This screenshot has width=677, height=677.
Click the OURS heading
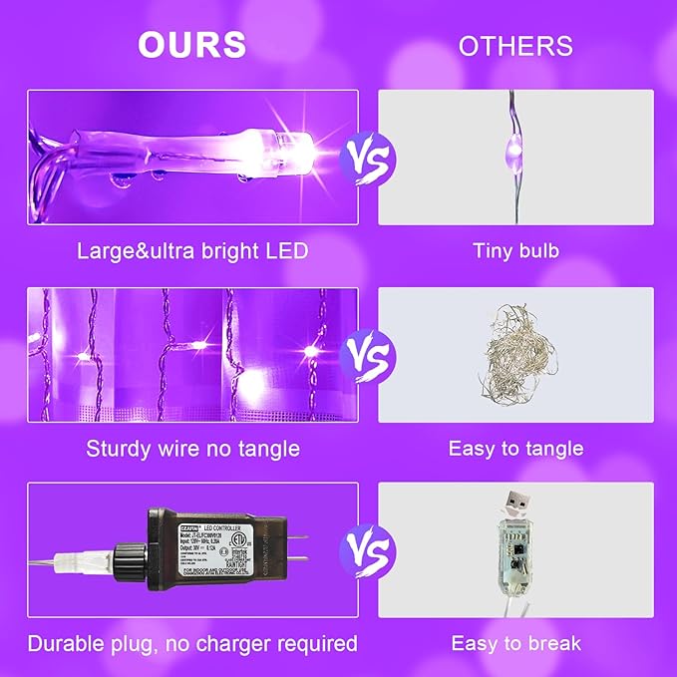[192, 44]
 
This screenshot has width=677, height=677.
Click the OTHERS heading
[515, 46]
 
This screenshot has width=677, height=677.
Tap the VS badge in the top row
[368, 158]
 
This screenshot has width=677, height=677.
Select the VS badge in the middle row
[368, 355]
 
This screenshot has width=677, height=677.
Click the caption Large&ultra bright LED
[192, 250]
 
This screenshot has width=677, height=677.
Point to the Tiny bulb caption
[515, 250]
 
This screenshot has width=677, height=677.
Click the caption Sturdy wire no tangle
[192, 448]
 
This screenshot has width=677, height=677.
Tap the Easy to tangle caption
[515, 448]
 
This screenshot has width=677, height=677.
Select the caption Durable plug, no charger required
[192, 644]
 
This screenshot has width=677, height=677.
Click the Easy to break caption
[515, 644]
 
